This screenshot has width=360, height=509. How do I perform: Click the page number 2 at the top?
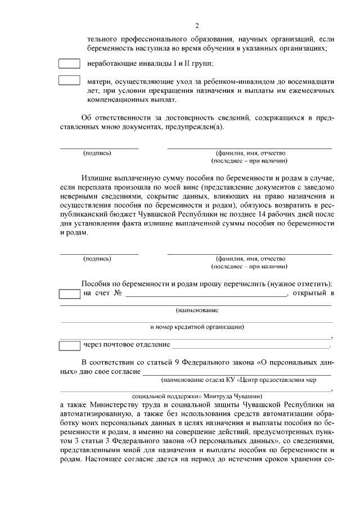point(196,25)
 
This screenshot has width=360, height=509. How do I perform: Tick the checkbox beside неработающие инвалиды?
point(69,64)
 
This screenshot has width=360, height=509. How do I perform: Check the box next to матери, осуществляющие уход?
point(69,80)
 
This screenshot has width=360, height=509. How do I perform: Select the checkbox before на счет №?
point(69,294)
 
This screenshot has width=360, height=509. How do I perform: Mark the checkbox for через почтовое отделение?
point(69,344)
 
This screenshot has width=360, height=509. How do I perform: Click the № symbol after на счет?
point(118,294)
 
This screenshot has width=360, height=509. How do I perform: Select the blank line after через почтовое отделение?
point(250,346)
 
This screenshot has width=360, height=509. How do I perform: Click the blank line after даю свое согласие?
point(236,373)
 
